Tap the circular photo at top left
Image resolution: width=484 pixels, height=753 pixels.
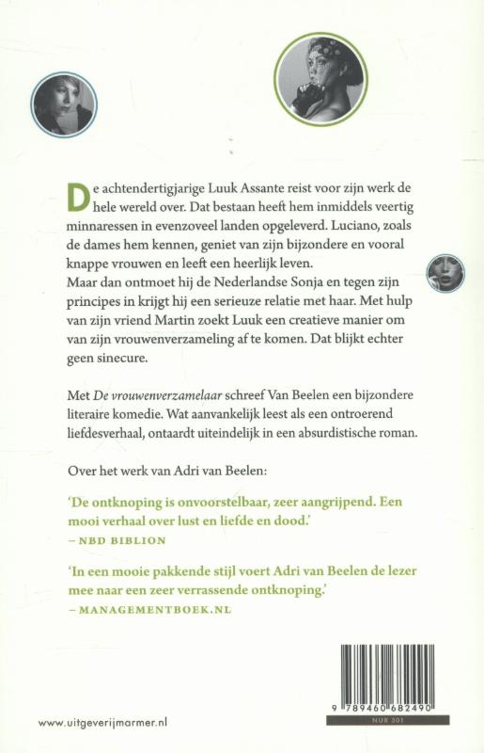pos(64,105)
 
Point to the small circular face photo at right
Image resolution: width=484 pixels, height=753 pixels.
pos(444,274)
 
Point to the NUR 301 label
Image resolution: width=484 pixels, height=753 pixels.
pos(387,720)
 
